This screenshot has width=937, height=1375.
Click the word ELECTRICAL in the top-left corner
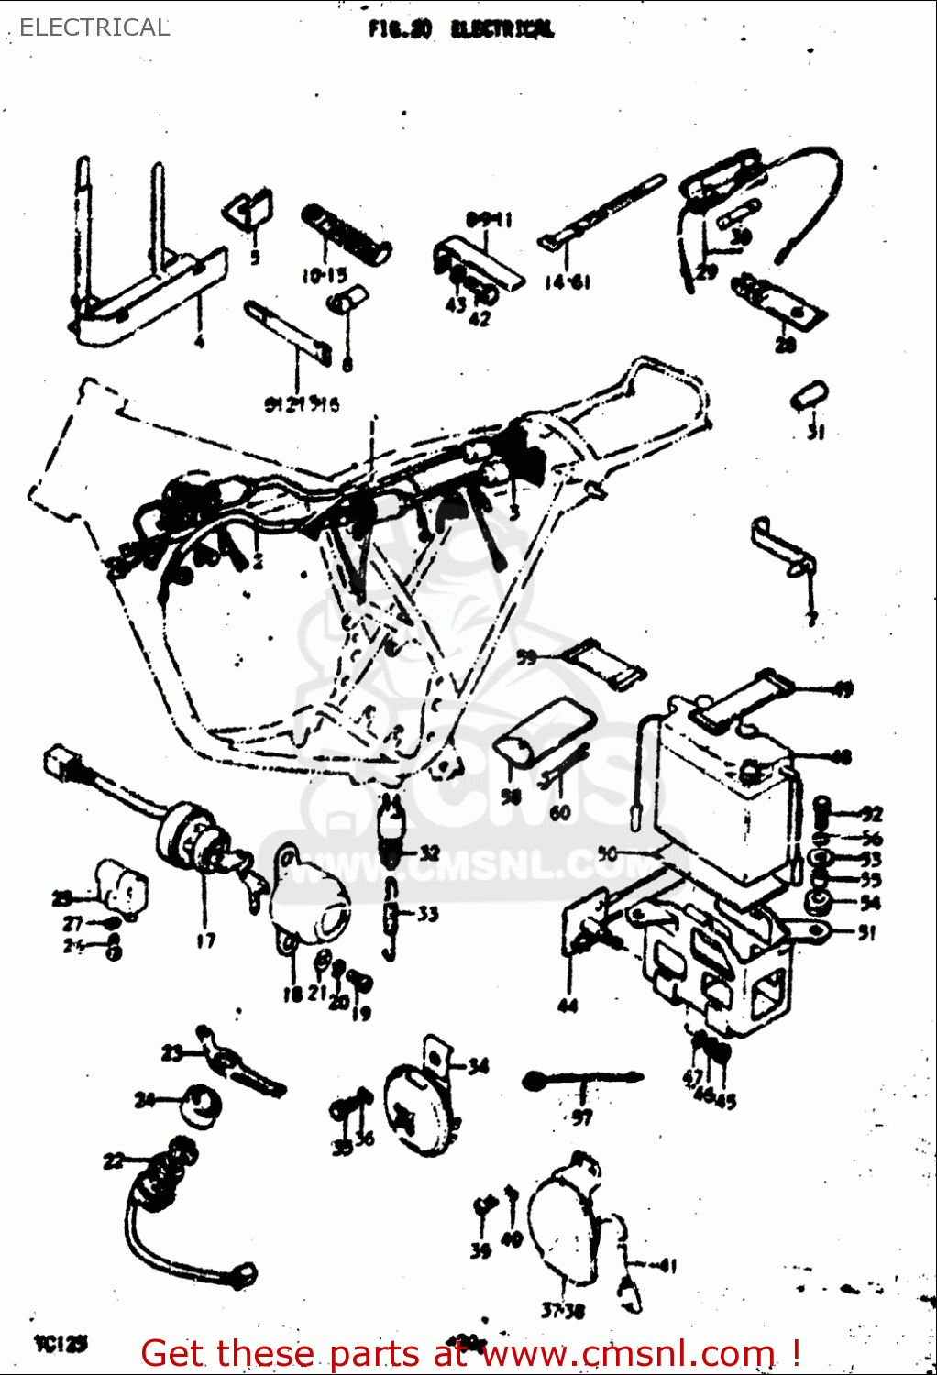tap(94, 27)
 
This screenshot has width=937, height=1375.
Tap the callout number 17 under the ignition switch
tap(205, 940)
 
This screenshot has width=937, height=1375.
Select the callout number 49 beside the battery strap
tap(842, 690)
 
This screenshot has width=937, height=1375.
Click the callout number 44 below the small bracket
tap(568, 1006)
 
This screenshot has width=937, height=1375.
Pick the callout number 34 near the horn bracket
tap(478, 1065)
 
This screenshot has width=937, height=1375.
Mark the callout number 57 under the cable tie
tap(582, 1116)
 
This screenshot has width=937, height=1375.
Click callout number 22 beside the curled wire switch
tap(114, 1161)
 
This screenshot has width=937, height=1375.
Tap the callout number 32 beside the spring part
tap(429, 852)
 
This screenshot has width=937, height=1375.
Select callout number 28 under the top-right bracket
tap(786, 345)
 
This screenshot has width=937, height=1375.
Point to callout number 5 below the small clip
tap(255, 258)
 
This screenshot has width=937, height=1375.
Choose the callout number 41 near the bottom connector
tap(667, 1266)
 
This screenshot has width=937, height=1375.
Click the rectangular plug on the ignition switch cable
tap(61, 763)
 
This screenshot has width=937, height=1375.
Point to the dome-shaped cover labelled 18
tap(312, 898)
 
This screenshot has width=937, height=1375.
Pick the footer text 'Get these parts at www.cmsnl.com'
tap(470, 1353)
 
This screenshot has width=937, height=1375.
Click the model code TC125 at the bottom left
tap(61, 1344)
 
